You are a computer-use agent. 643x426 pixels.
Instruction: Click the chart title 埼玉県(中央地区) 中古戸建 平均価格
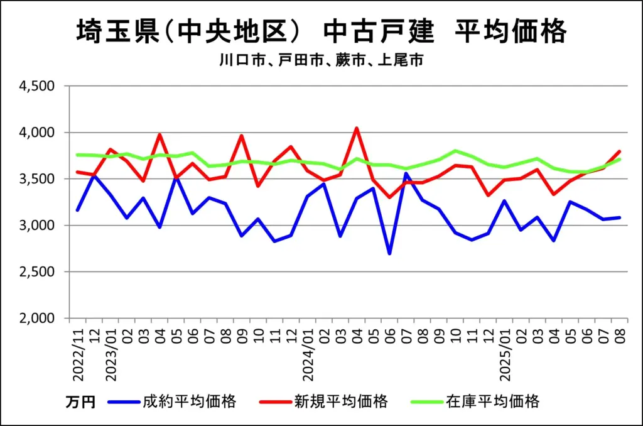[321, 32]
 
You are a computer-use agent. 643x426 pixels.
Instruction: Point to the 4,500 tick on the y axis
[38, 86]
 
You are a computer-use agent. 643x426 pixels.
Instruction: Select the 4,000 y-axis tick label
[38, 133]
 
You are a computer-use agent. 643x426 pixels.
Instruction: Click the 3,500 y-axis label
[38, 179]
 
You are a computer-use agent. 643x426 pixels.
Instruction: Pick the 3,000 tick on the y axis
[38, 226]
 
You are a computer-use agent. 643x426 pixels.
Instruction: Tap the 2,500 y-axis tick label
[38, 272]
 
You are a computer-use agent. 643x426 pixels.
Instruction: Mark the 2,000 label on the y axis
[38, 319]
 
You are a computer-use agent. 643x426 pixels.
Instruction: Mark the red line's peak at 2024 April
[357, 128]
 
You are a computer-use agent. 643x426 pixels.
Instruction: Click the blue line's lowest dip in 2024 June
[389, 253]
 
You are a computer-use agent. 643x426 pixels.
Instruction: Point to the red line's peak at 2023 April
[160, 134]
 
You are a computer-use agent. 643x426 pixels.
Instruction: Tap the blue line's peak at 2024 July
[406, 173]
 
